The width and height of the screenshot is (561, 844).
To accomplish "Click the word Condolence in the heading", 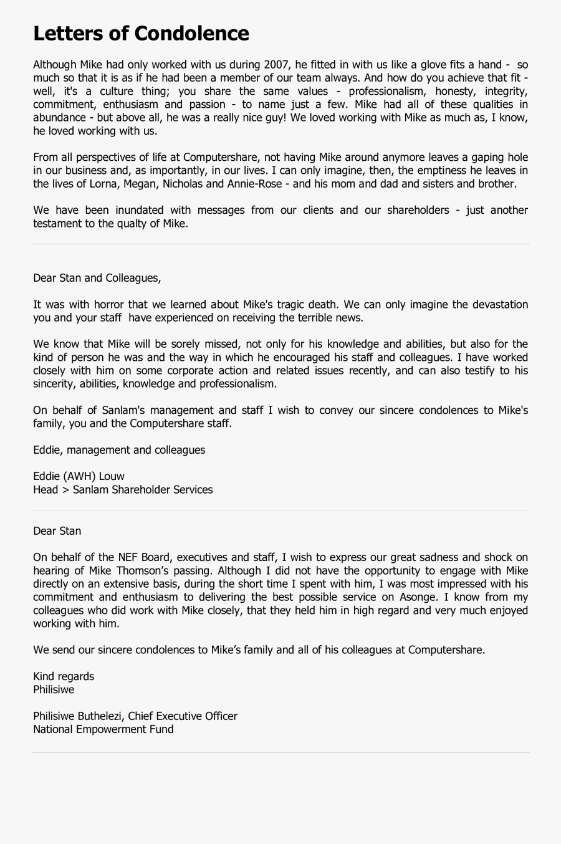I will click(x=191, y=34).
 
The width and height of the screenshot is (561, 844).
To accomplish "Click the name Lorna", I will click(x=103, y=184).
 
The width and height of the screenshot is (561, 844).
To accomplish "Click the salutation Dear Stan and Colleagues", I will click(x=97, y=278).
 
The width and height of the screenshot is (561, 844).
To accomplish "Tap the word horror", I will click(x=109, y=305).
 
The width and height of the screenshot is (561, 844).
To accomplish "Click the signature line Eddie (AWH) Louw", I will click(x=79, y=476).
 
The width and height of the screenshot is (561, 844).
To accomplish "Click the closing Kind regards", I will click(x=64, y=676).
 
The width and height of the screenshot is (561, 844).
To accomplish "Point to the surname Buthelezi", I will click(x=100, y=716).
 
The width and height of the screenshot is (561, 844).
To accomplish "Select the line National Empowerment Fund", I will click(x=103, y=729).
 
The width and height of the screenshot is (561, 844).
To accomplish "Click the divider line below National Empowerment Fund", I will click(x=280, y=752).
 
